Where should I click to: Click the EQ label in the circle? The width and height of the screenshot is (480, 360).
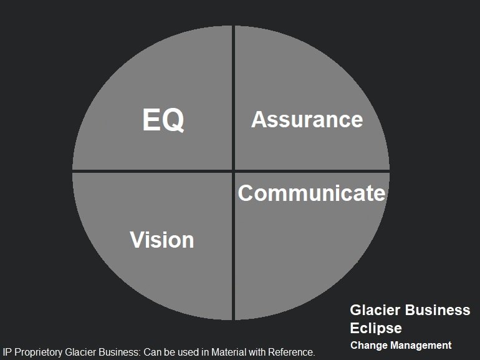pyautogui.click(x=163, y=120)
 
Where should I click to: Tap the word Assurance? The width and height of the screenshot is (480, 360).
pyautogui.click(x=307, y=119)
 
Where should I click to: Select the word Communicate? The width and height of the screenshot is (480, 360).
pyautogui.click(x=312, y=193)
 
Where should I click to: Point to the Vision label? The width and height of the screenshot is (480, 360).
pyautogui.click(x=162, y=240)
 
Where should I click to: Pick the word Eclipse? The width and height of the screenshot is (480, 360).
pyautogui.click(x=376, y=328)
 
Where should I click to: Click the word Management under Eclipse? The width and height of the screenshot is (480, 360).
pyautogui.click(x=421, y=345)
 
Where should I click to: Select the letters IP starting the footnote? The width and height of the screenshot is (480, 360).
pyautogui.click(x=7, y=353)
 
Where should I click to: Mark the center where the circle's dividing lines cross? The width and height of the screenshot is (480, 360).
pyautogui.click(x=233, y=170)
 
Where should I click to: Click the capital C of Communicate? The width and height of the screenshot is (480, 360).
pyautogui.click(x=246, y=193)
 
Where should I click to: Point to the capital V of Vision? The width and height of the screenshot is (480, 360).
pyautogui.click(x=137, y=240)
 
